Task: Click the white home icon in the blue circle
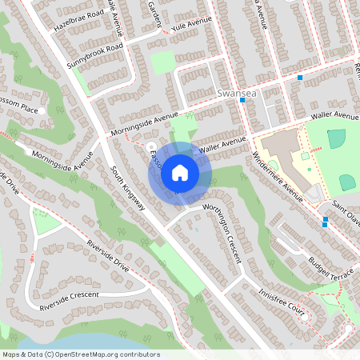180,172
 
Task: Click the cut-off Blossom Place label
19,108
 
